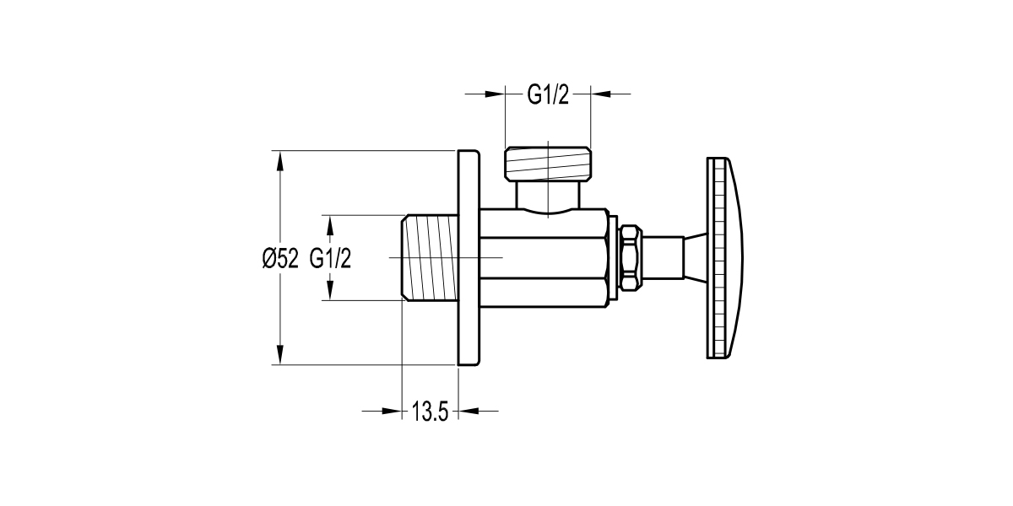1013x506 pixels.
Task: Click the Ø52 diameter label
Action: pyautogui.click(x=280, y=259)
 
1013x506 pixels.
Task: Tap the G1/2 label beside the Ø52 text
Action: pyautogui.click(x=330, y=259)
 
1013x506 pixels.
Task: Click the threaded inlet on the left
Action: pyautogui.click(x=429, y=257)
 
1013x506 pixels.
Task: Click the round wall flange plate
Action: pyautogui.click(x=469, y=258)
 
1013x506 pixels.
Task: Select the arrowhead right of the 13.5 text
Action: pyautogui.click(x=467, y=412)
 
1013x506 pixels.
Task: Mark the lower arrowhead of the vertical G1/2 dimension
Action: pyautogui.click(x=330, y=292)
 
